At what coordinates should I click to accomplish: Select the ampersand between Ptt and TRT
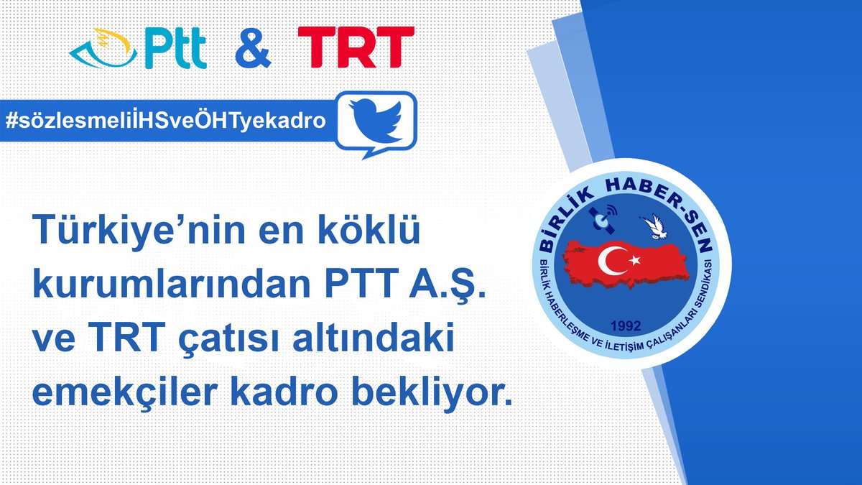tap(252, 48)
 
